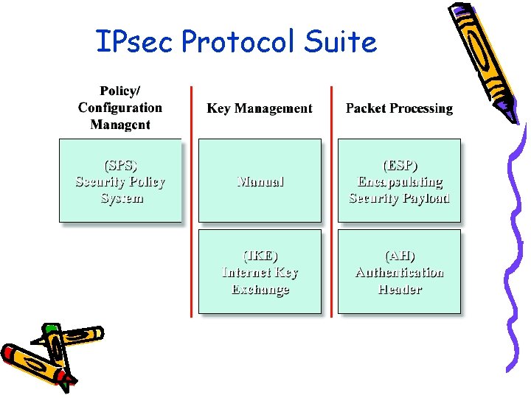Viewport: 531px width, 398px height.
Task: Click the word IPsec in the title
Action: tap(134, 42)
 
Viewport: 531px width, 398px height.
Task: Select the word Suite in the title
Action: tap(342, 42)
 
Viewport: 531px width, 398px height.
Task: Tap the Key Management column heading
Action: tap(260, 108)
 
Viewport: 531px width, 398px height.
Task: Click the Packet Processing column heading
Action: tap(399, 108)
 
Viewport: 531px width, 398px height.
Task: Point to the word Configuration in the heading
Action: tap(120, 108)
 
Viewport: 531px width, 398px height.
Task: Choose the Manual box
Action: tap(260, 181)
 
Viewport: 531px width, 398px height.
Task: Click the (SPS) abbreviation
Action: tap(120, 164)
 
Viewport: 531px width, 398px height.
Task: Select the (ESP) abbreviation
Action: tap(399, 164)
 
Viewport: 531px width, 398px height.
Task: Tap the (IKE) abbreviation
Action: tap(260, 256)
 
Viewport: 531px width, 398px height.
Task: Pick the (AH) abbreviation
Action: tap(400, 256)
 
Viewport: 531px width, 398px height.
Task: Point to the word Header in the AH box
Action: tap(400, 289)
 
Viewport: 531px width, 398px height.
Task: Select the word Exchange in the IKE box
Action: tap(260, 290)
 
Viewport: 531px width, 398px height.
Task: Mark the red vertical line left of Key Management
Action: tap(192, 199)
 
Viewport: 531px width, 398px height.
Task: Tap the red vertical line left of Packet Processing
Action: tap(330, 199)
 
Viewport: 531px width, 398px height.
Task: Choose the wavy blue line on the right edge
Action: tap(516, 243)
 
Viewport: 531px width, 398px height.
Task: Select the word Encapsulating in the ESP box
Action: tap(400, 181)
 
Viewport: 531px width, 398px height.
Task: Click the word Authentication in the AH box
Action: tap(400, 272)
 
